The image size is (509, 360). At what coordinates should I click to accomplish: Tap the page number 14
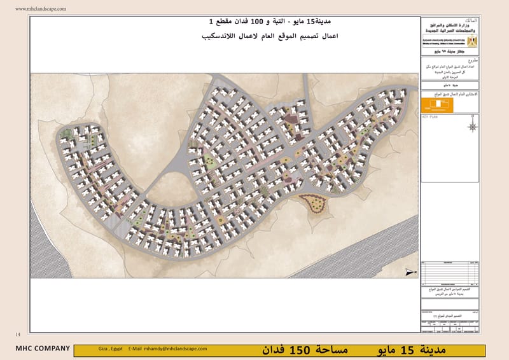[17, 334]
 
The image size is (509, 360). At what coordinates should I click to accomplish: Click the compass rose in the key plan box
[472, 126]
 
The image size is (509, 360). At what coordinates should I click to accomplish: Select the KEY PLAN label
[430, 118]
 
